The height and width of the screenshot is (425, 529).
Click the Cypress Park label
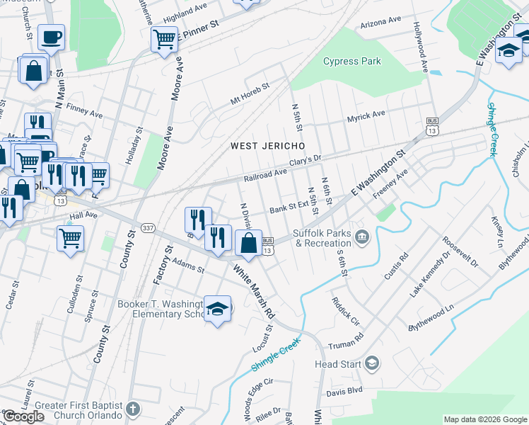coord(351,61)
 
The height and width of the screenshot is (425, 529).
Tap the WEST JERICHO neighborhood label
coord(268,146)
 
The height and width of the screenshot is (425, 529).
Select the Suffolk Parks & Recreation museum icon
coord(362,236)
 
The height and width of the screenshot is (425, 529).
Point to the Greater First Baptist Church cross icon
coord(134,409)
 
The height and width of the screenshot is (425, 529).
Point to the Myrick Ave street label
coord(366,115)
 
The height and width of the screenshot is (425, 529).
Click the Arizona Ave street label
coord(380,23)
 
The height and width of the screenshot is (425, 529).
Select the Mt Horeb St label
coord(250,95)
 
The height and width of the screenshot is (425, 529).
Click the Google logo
coord(23,416)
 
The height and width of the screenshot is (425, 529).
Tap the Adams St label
coord(188,266)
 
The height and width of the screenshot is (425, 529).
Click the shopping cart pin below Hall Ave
coord(70,238)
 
